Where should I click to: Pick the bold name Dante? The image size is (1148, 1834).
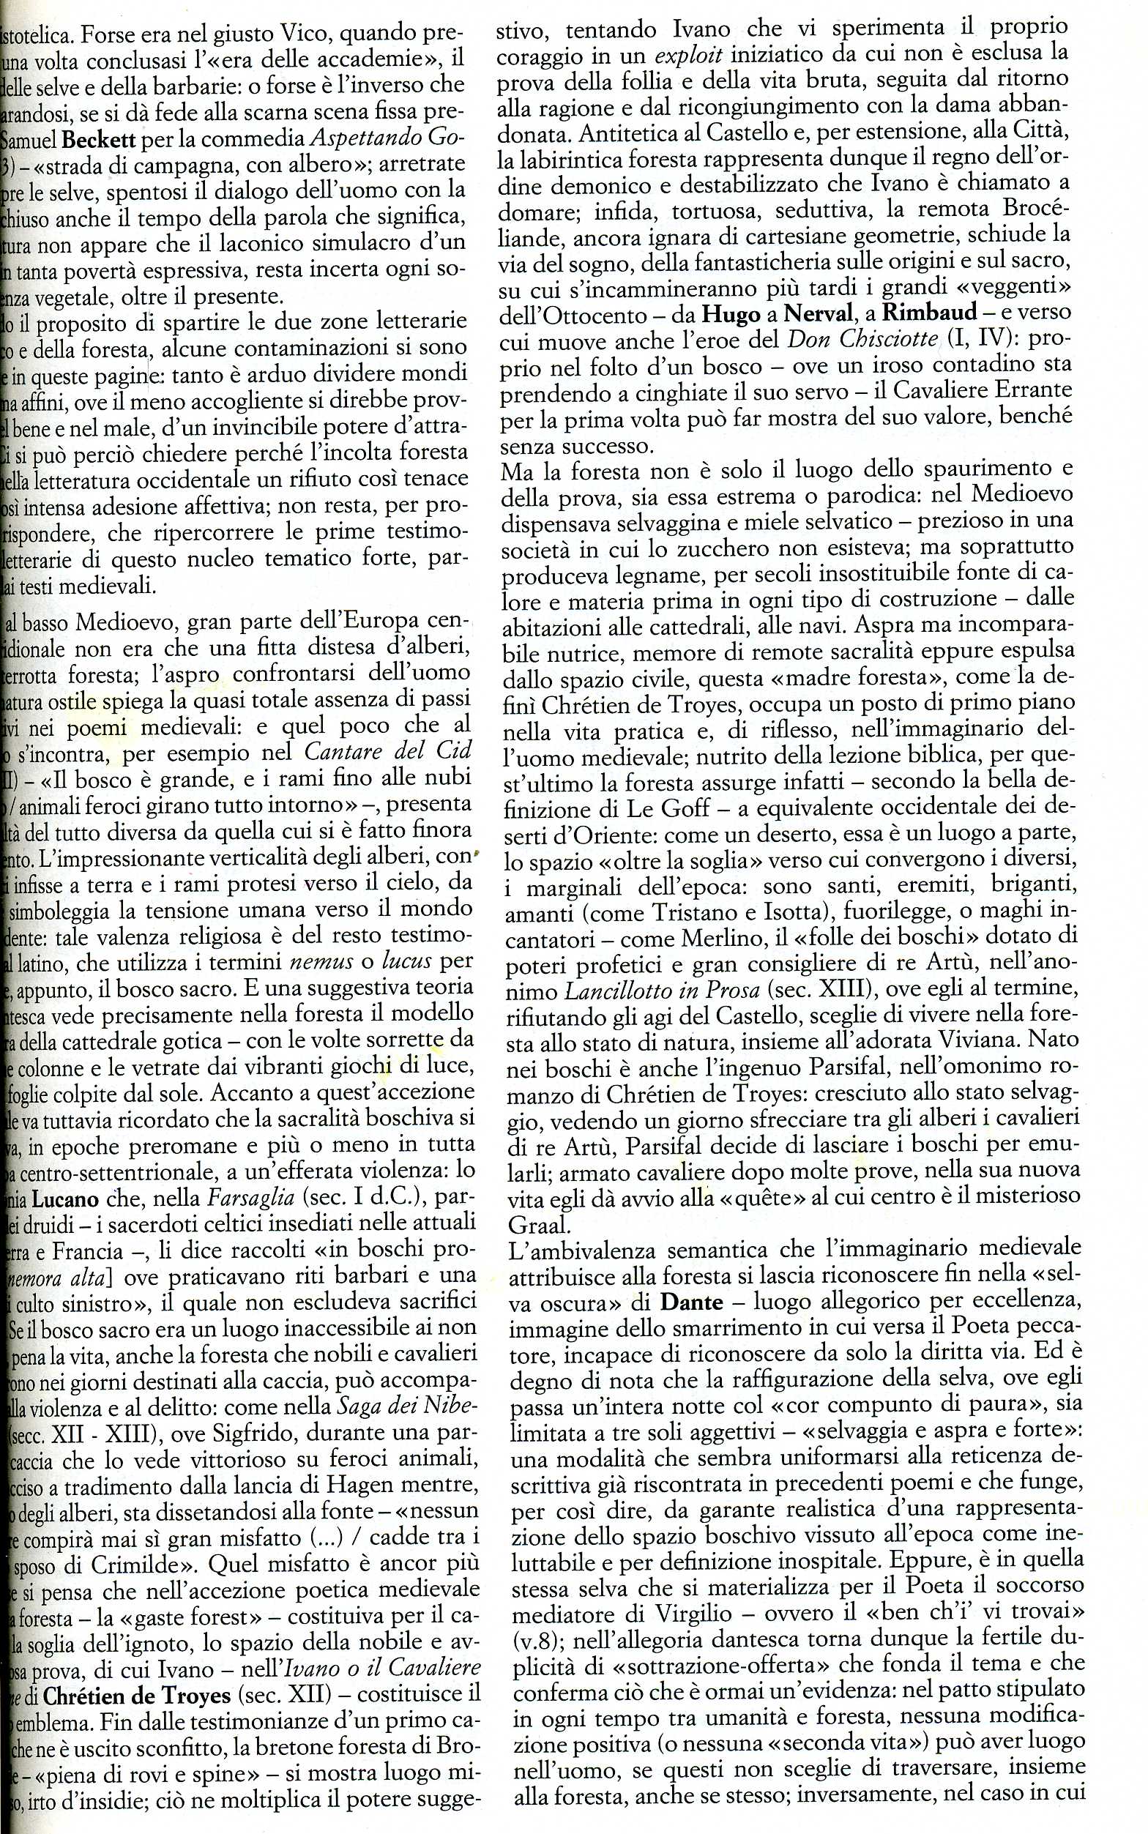[x=691, y=1302]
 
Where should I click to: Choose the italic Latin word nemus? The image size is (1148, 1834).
[x=322, y=962]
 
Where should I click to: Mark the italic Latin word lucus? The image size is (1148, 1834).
[x=406, y=962]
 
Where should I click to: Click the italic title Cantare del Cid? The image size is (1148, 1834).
[x=387, y=750]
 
